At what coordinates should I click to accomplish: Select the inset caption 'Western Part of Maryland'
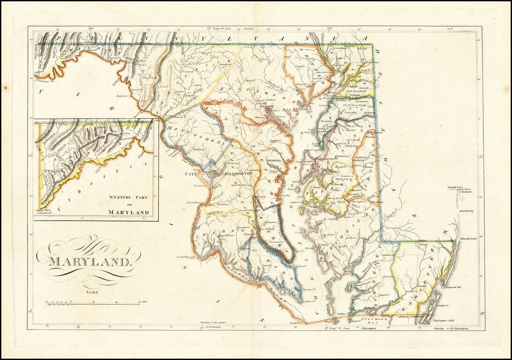pyautogui.click(x=129, y=205)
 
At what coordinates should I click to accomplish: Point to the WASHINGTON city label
pyautogui.click(x=238, y=173)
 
